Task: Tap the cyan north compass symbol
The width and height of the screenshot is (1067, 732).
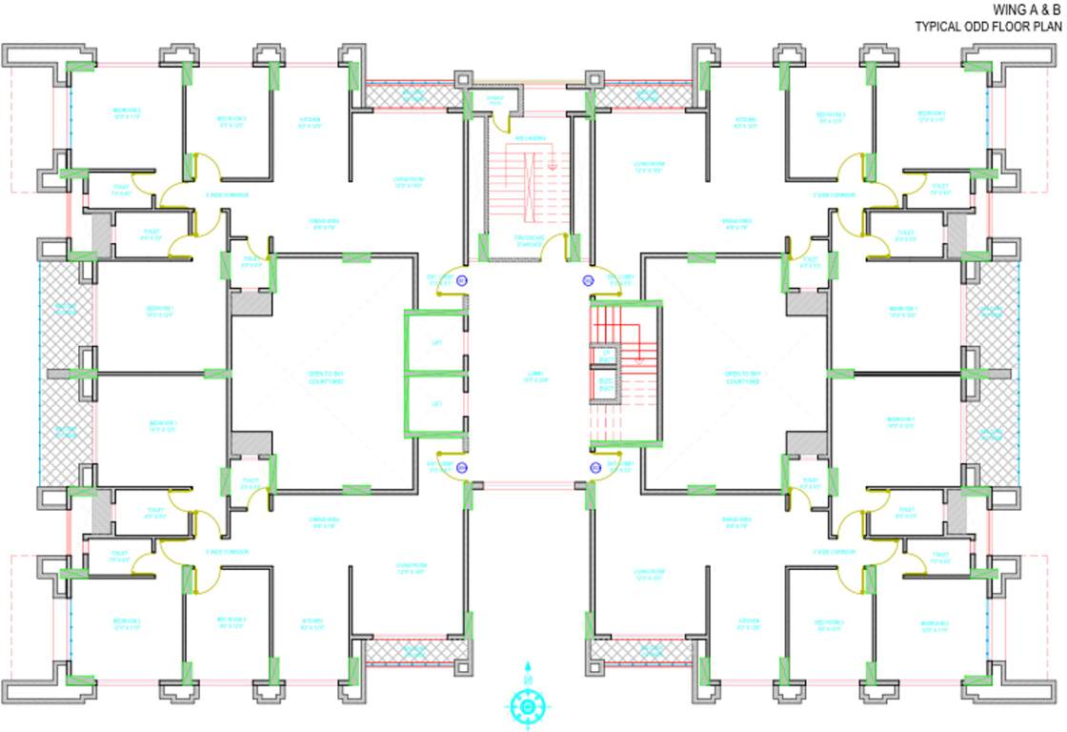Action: [527, 704]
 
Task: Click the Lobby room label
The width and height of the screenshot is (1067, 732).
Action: [528, 377]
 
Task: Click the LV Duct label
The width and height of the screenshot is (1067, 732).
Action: [605, 356]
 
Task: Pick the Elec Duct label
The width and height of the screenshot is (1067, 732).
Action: [605, 385]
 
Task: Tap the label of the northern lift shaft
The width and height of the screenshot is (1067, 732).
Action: [437, 342]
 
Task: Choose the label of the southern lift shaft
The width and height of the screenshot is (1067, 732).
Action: [437, 405]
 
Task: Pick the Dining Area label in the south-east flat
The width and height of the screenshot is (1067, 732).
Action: [736, 522]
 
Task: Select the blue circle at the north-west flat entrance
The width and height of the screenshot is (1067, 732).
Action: [462, 280]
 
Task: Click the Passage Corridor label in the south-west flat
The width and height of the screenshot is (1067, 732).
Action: [227, 551]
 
